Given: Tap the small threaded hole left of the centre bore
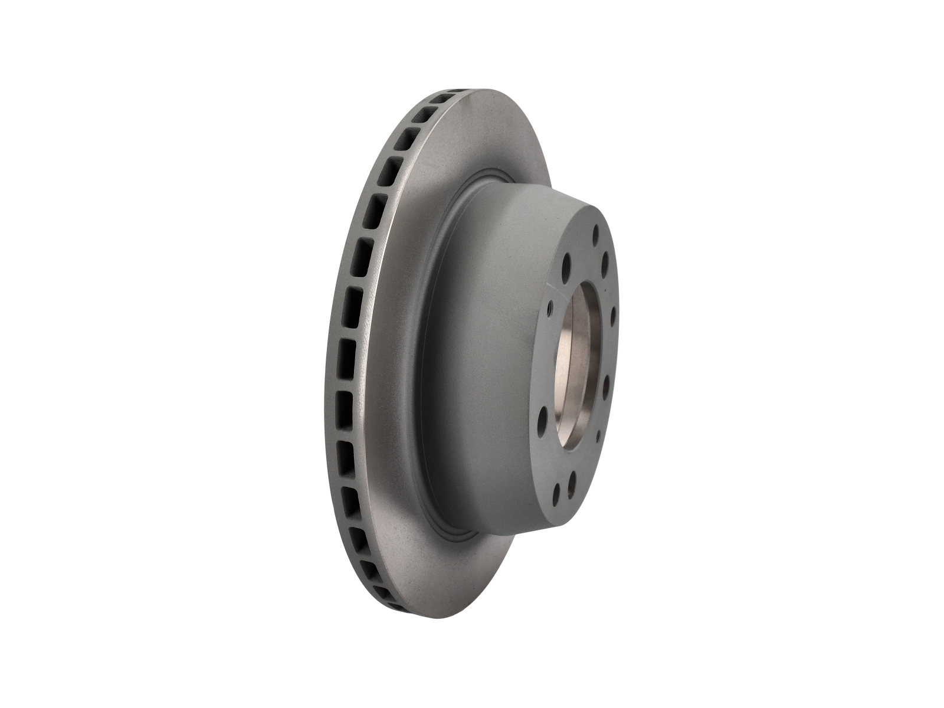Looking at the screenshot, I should coord(550,309).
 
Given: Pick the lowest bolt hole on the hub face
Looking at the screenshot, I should coord(556,494).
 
